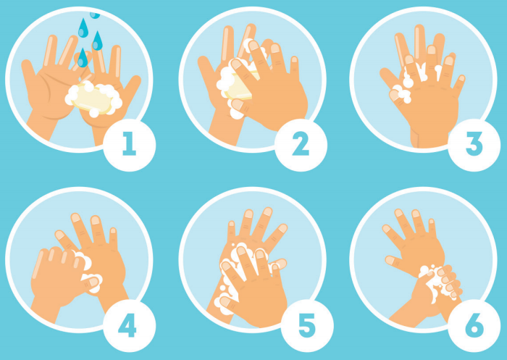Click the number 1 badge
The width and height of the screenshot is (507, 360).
pos(130,145)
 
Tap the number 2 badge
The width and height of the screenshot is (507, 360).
pos(301,145)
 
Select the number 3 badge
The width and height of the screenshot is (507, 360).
pos(474,145)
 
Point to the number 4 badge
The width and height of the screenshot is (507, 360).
pos(130,326)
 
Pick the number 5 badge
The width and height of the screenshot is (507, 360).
pos(307,326)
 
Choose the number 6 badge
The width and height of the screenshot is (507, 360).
pos(474,326)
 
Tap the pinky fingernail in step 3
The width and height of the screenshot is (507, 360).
pos(461,78)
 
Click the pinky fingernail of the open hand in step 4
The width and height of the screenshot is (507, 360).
pos(112,230)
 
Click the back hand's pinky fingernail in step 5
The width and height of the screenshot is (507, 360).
pos(231,224)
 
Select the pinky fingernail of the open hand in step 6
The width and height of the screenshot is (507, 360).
pos(431,221)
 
